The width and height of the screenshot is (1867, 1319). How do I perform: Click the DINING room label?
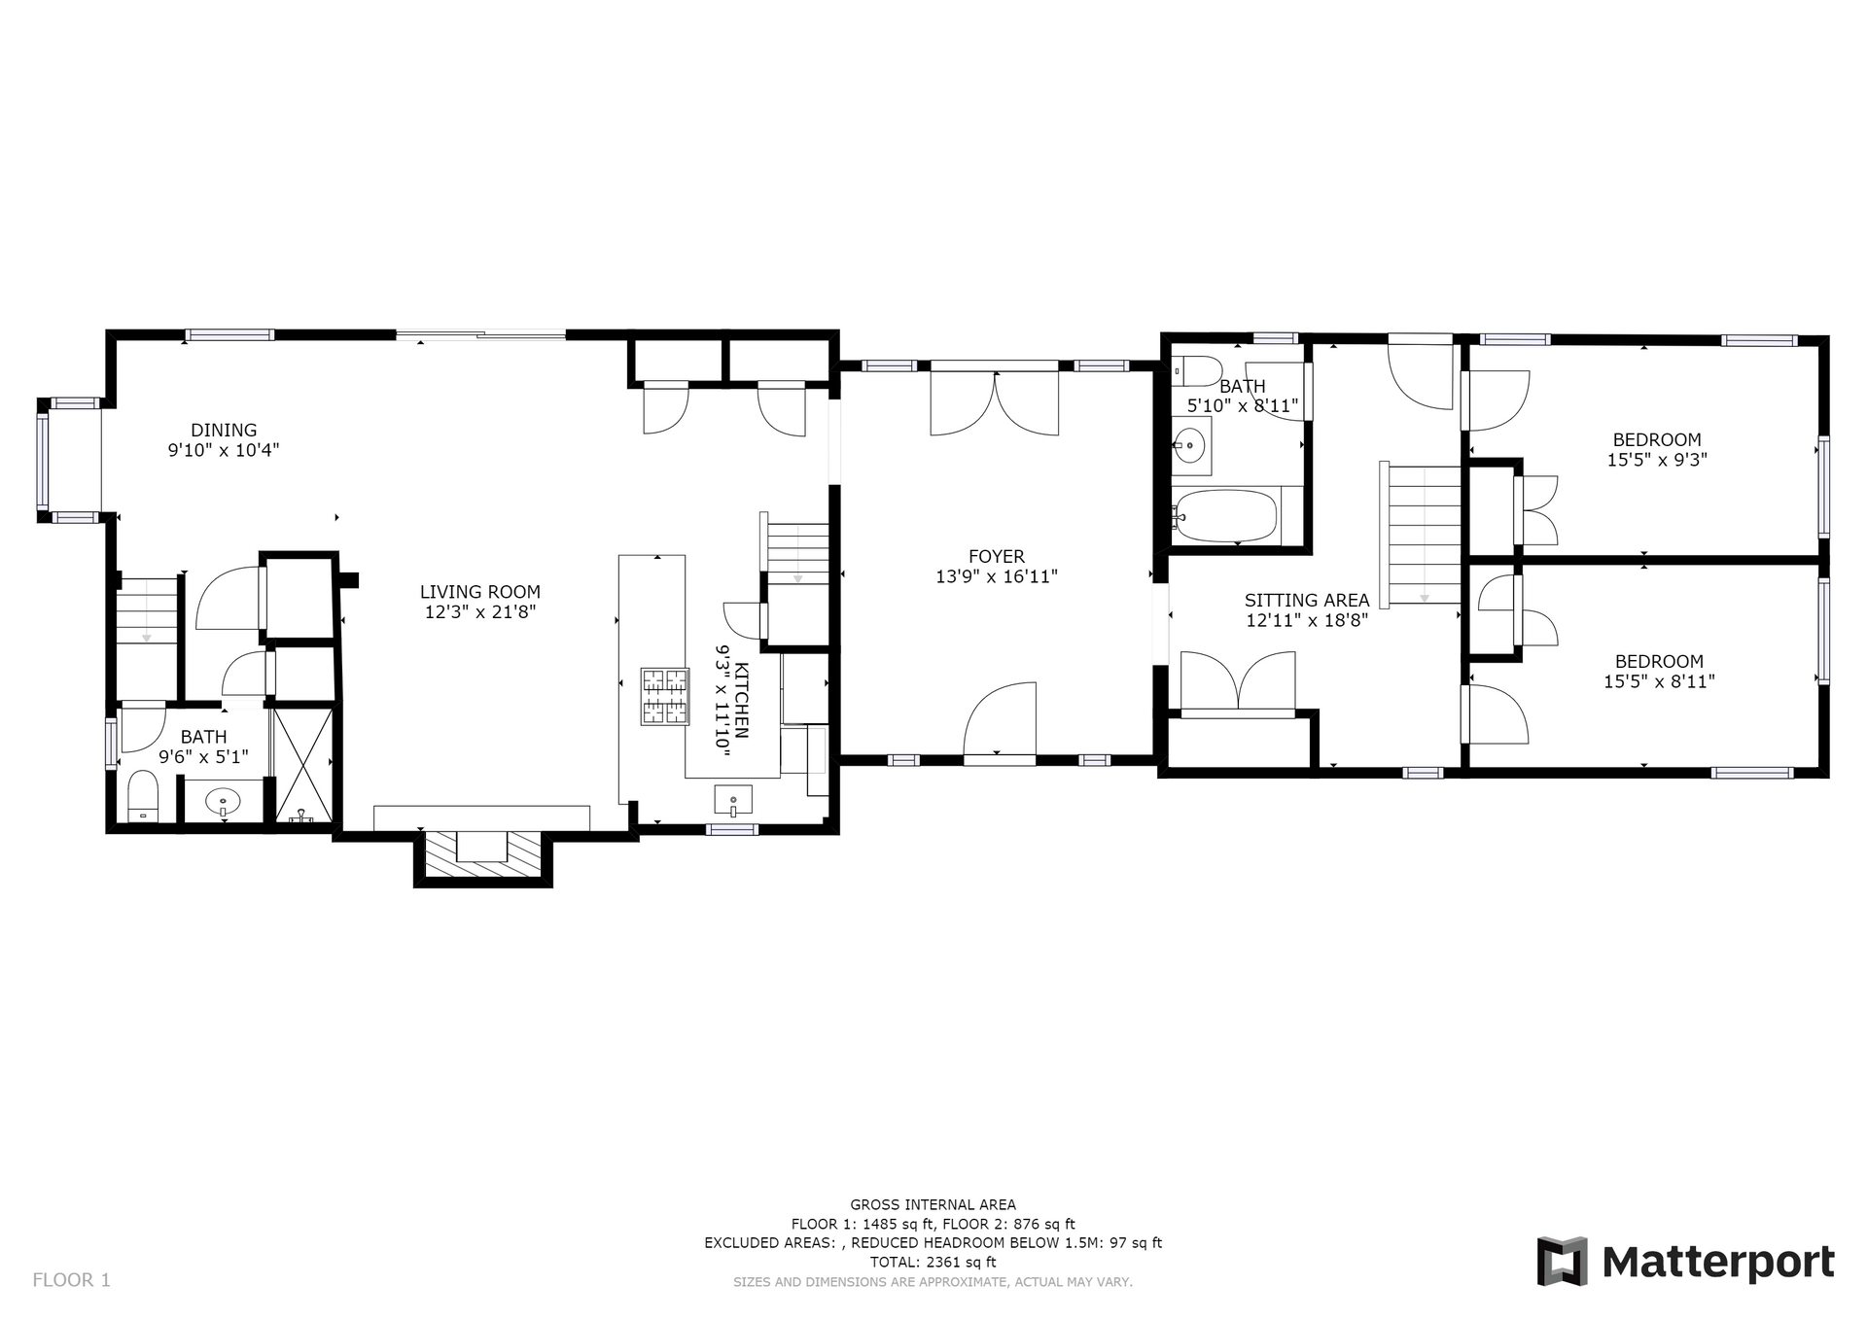tap(224, 430)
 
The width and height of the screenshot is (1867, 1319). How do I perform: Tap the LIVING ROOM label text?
tap(480, 592)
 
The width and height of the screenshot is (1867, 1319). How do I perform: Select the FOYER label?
tap(997, 556)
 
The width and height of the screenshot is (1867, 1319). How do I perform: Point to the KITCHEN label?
tap(741, 700)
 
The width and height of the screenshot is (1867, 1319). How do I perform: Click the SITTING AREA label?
tap(1307, 601)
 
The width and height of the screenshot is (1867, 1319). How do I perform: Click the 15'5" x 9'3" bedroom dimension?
tap(1657, 460)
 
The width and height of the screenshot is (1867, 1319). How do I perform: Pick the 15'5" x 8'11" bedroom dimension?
tap(1659, 682)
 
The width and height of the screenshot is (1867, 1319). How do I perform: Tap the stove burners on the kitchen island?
tap(663, 696)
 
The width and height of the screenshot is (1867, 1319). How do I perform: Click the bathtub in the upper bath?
tap(1224, 515)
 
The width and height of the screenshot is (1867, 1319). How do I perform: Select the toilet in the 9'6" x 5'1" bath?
tap(143, 797)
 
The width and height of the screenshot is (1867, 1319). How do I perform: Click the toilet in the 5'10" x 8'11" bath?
tap(1197, 371)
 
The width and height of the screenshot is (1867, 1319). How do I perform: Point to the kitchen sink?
tap(732, 801)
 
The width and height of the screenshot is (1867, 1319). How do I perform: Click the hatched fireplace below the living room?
tap(483, 855)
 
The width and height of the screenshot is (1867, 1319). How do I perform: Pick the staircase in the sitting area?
tap(1423, 535)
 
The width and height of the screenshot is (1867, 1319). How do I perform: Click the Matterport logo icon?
tap(1562, 1261)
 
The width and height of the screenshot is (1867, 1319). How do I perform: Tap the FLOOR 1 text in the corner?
tap(72, 1280)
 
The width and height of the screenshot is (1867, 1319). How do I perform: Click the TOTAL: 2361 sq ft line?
tap(933, 1263)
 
